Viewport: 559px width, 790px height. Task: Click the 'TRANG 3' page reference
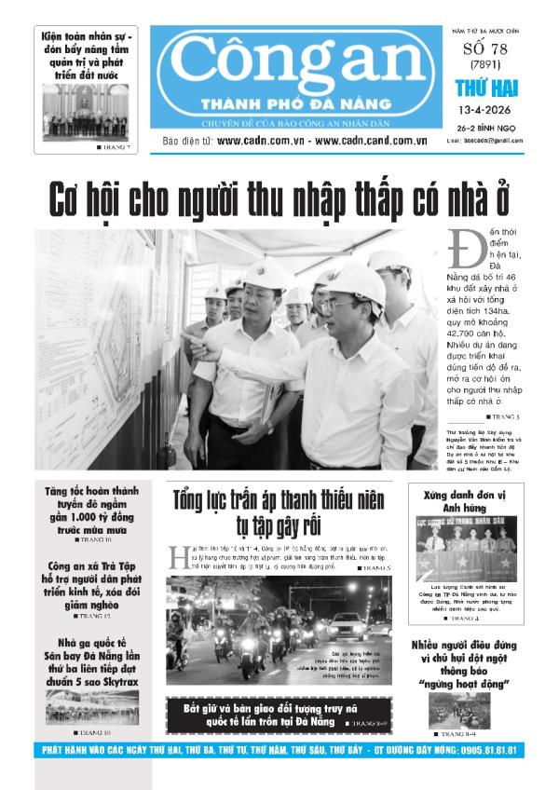coord(505,415)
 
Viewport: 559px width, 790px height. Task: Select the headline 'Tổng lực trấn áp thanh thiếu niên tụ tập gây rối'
coord(278,513)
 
